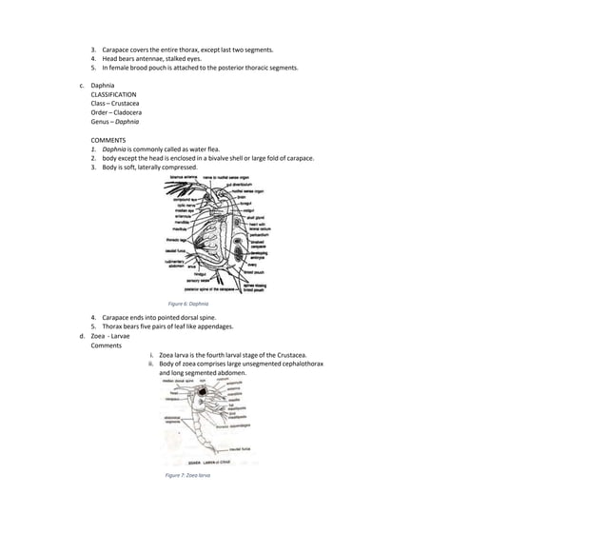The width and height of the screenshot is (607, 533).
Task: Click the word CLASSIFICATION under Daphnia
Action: [113, 95]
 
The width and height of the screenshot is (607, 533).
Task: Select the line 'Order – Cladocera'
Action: [116, 112]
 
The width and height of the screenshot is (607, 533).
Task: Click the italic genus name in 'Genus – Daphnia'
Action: [127, 122]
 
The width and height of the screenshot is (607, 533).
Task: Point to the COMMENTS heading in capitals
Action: [108, 140]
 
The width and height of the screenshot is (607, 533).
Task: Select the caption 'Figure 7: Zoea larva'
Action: [187, 474]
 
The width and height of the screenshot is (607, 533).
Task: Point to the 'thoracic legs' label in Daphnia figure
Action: [177, 240]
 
